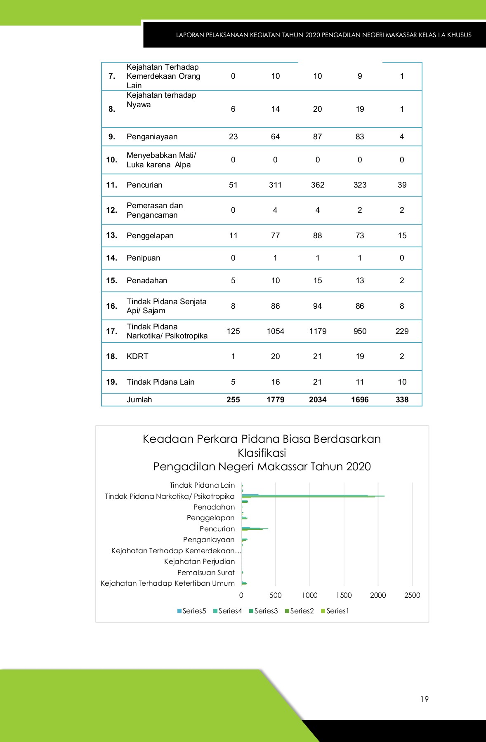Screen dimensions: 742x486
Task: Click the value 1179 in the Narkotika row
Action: (x=318, y=331)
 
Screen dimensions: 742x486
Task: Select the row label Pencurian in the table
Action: (x=144, y=185)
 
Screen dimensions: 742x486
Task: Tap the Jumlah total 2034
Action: (x=318, y=399)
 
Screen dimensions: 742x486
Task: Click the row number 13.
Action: (x=111, y=235)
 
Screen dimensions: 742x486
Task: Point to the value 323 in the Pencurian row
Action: (x=360, y=185)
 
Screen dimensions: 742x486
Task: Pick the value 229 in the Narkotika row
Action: (x=402, y=331)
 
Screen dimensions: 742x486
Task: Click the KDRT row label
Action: (x=137, y=356)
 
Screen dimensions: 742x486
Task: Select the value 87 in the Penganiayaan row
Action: (x=317, y=136)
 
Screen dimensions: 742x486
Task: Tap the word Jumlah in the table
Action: (x=139, y=399)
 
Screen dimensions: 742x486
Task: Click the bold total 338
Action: (x=402, y=399)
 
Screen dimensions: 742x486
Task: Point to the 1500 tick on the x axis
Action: (x=344, y=595)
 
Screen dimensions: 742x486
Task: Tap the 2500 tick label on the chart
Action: (x=412, y=595)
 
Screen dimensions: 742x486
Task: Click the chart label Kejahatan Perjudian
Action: (x=199, y=561)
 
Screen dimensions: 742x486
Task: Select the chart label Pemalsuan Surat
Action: (x=206, y=573)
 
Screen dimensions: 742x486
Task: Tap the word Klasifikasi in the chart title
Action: (x=262, y=453)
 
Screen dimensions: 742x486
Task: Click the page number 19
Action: (x=425, y=699)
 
